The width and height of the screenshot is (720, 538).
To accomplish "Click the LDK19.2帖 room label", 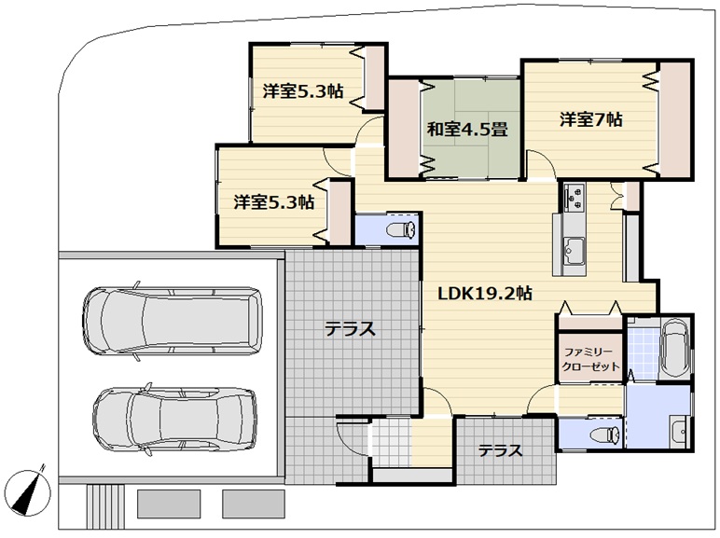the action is pos(485,293).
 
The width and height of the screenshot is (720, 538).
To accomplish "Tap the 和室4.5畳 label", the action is pos(467,130).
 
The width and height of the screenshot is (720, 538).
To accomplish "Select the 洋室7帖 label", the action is pos(591,119).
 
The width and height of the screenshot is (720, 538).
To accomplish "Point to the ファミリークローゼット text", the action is pos(590,359).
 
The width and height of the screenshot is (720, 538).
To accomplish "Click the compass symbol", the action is pos(30,492).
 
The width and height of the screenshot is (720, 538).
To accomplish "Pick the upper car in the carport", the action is pos(173,321).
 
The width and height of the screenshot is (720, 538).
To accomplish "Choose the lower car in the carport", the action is pos(175,419).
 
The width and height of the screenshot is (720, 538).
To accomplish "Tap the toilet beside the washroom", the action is pos(606,435).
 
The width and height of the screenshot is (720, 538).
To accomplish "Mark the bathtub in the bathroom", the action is pos(674,349).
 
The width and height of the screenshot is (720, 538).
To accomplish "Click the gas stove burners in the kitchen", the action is pos(574,197).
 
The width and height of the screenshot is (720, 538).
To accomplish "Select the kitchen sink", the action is pos(574,251).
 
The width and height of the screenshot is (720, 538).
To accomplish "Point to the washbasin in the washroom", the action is pos(679,432).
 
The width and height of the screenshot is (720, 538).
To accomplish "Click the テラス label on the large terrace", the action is pos(351,329).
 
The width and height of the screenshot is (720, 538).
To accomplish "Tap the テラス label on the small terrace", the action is pos(501,450).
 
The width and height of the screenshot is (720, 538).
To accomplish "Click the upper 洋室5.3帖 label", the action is pos(303,91).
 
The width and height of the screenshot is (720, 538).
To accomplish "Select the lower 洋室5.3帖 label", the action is pos(273,201).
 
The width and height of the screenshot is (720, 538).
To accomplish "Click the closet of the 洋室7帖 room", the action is pos(675,119).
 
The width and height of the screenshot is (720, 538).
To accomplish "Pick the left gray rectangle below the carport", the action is pos(169,504).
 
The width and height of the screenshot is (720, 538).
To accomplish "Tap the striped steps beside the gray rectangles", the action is pos(105,507).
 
